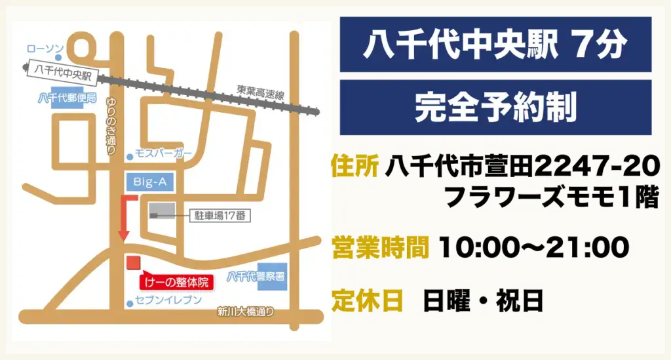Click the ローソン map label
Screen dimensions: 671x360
click(x=45, y=49)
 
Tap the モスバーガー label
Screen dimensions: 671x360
click(x=163, y=153)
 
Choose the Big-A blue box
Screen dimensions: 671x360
click(x=149, y=182)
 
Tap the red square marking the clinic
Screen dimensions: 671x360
click(x=133, y=263)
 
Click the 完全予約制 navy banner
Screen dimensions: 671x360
click(x=495, y=107)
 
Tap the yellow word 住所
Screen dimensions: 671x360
click(x=355, y=166)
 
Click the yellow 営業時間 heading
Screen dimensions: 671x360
click(x=380, y=247)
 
